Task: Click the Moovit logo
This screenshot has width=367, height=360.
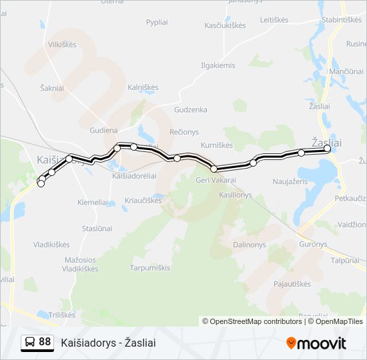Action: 316,343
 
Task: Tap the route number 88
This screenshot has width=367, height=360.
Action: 45,342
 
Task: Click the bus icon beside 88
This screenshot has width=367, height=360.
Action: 30,343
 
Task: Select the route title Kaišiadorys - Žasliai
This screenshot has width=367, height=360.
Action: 108,343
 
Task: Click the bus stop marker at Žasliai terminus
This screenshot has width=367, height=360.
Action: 328,149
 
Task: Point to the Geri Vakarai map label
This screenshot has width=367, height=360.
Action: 216,180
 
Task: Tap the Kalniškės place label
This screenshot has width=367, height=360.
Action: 142,87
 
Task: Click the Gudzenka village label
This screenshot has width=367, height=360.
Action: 190,109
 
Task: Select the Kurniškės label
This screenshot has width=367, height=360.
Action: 216,145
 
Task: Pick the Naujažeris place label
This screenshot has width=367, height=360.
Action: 290,181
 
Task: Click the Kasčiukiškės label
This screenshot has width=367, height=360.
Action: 225,25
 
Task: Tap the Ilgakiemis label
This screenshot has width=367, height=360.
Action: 218,65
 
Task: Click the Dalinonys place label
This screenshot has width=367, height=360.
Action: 249,245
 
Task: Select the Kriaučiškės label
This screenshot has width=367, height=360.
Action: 143,200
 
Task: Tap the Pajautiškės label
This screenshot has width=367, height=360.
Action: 292,284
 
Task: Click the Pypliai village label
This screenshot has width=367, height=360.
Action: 157,22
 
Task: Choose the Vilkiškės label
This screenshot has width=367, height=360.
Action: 62,45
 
